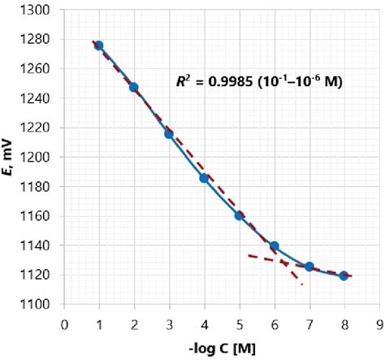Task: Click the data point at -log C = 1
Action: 98,46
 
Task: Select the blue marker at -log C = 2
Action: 134,87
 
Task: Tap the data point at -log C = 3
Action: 169,133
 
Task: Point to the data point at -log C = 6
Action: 275,246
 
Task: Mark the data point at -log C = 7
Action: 309,267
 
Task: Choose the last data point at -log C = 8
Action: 344,275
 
